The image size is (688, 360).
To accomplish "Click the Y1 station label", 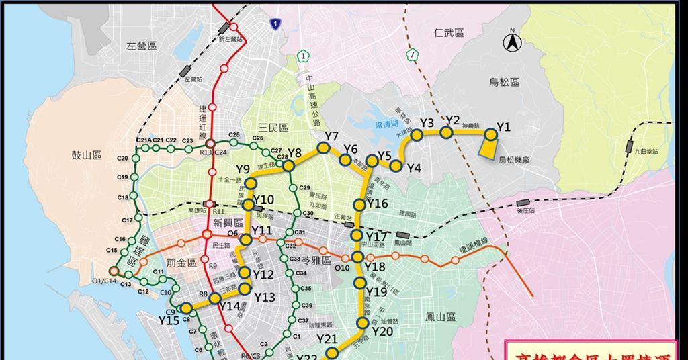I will coord(503,127).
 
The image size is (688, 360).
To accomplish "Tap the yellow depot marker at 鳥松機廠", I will coord(488,144).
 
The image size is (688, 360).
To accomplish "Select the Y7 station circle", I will coord(323,148).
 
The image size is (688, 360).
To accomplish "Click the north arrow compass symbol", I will coord(512,42).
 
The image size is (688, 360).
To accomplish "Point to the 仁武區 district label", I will coord(449,32).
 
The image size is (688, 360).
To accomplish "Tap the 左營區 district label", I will coord(141,46).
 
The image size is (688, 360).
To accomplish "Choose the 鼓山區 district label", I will coord(87,155).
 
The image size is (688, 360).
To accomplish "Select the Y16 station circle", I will coord(360,205).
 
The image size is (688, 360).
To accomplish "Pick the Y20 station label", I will coord(382,331).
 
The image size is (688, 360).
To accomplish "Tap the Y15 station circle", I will coord(186,308).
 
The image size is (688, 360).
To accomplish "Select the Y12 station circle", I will coord(245,273).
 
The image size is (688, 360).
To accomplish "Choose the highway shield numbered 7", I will coord(411,55).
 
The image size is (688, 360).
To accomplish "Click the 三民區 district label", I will coord(273,128).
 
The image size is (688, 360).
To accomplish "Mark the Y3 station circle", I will coord(417,135).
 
